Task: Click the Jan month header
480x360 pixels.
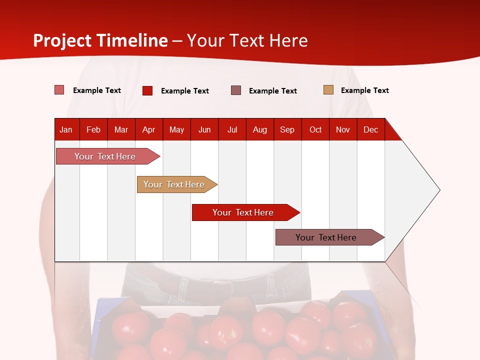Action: (66, 129)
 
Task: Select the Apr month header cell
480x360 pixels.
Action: (148, 129)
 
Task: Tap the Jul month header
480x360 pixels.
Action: (232, 129)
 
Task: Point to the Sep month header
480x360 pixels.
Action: (287, 129)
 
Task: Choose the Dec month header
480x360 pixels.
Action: (370, 129)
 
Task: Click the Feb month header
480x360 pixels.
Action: (93, 129)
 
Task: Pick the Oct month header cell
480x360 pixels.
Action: (315, 129)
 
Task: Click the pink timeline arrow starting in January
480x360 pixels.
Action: (105, 156)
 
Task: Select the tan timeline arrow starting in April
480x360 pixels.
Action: (174, 184)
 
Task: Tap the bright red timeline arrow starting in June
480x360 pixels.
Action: (243, 212)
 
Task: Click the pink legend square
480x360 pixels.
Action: (59, 90)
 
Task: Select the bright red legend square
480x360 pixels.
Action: (147, 90)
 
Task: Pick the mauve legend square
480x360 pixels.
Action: (236, 90)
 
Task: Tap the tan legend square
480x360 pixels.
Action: (328, 90)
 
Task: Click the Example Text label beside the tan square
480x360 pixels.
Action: (364, 90)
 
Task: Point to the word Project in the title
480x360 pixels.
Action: (62, 40)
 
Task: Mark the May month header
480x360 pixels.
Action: (176, 129)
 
